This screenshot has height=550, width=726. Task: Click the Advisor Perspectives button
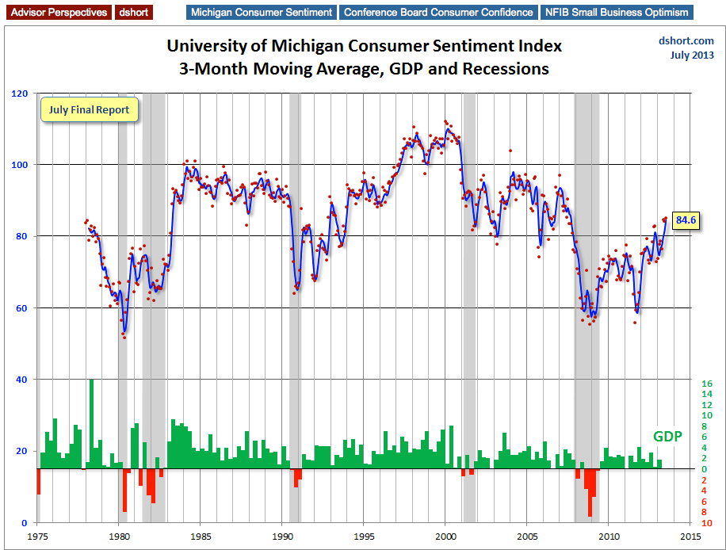tap(57, 13)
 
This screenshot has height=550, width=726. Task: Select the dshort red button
tap(136, 13)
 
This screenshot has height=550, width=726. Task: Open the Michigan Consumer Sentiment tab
tap(261, 13)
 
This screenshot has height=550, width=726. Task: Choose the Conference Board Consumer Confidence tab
tap(438, 13)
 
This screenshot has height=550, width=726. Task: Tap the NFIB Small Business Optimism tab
tap(617, 13)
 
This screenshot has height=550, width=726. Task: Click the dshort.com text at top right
tap(686, 41)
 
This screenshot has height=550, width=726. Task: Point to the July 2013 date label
tap(691, 55)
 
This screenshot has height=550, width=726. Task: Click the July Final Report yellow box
tap(90, 110)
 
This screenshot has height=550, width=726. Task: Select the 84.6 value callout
tap(686, 220)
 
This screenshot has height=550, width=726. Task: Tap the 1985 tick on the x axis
tap(201, 536)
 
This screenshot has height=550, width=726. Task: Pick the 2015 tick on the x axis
tap(690, 536)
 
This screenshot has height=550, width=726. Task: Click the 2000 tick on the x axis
tap(445, 536)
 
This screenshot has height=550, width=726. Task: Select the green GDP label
tap(667, 437)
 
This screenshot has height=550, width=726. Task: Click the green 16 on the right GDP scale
tap(707, 384)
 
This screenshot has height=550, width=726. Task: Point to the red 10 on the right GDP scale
tap(707, 523)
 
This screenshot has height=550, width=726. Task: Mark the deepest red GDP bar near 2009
tap(590, 492)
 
